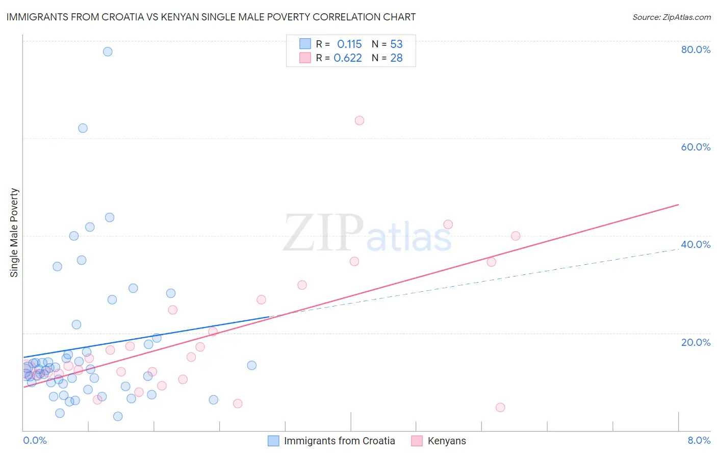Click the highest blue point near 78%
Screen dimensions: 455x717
point(108,52)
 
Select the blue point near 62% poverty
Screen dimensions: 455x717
point(83,128)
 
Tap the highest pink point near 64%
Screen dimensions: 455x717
point(360,120)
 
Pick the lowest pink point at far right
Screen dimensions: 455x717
point(500,407)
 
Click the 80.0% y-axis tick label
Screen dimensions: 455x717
point(696,49)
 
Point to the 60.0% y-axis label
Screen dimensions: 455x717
point(696,147)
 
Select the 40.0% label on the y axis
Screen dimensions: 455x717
point(696,244)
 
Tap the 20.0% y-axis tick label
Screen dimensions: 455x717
point(696,342)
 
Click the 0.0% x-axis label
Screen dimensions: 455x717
point(35,440)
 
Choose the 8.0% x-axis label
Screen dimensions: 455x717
point(699,440)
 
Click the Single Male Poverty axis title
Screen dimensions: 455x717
point(14,233)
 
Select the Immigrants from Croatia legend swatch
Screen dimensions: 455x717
point(274,441)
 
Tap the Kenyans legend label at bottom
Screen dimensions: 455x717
point(447,441)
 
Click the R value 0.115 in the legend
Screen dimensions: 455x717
point(349,44)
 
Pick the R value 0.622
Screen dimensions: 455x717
point(348,58)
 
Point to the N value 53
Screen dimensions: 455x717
point(396,44)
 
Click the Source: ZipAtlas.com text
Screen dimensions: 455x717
point(671,17)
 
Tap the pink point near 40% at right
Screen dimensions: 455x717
point(516,236)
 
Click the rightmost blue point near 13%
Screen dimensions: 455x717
point(251,365)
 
